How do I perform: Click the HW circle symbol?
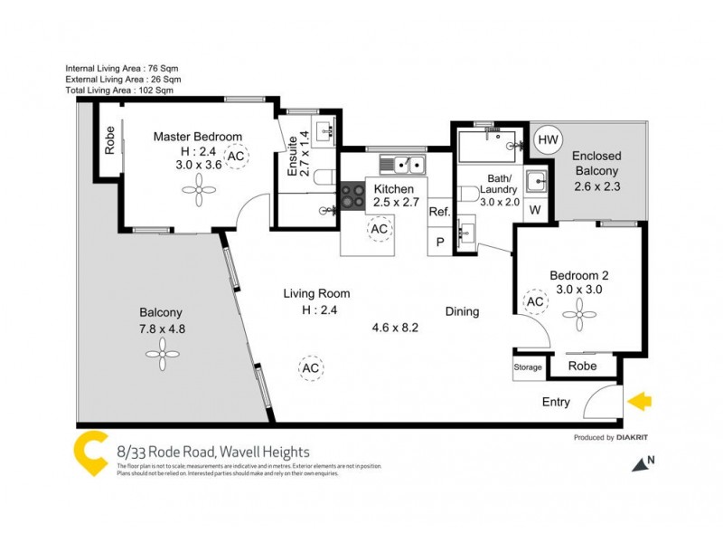point(547,140)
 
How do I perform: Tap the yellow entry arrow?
point(639,401)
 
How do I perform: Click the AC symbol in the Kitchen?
point(380,230)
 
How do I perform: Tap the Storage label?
point(528,367)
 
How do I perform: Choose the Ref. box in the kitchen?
point(439,212)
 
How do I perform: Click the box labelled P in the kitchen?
point(440,242)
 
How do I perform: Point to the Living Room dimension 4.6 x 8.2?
point(396,328)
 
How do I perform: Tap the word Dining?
point(462,312)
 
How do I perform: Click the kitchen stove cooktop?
point(350,196)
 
